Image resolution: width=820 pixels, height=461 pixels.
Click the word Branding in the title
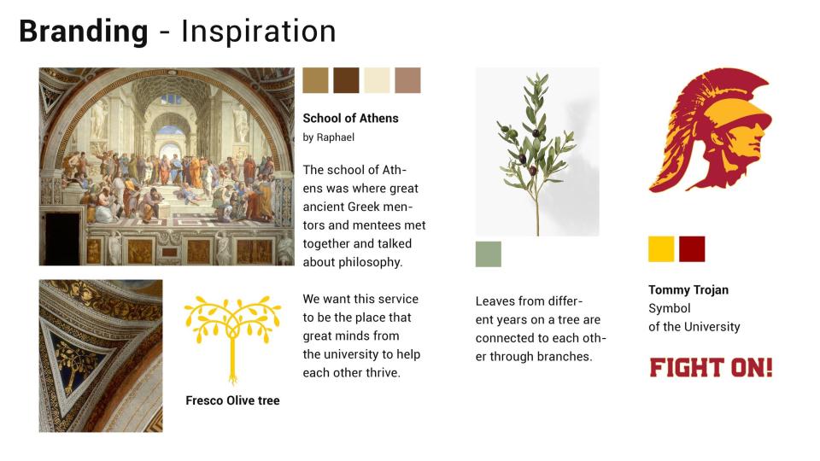[x=84, y=32]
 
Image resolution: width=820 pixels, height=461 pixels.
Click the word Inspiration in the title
[x=259, y=32]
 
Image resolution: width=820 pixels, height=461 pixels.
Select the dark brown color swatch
[x=346, y=80]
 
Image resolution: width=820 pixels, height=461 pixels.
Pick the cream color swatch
[x=377, y=80]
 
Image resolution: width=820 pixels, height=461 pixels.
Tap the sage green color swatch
[x=489, y=254]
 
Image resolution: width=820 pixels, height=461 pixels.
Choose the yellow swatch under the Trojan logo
[x=661, y=248]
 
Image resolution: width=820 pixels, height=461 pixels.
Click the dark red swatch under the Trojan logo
[x=692, y=248]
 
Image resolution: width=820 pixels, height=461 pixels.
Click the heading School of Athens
[x=350, y=119]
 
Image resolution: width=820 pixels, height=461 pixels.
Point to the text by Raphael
[x=328, y=137]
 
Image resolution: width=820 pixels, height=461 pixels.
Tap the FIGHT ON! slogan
[x=711, y=367]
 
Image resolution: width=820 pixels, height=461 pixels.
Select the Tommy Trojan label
[x=688, y=290]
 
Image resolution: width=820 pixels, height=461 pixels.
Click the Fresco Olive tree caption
[x=232, y=400]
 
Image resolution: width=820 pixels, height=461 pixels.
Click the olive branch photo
[x=537, y=152]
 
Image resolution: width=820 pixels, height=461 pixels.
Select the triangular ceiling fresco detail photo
[x=101, y=356]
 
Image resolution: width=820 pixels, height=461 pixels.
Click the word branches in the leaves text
[x=566, y=357]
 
